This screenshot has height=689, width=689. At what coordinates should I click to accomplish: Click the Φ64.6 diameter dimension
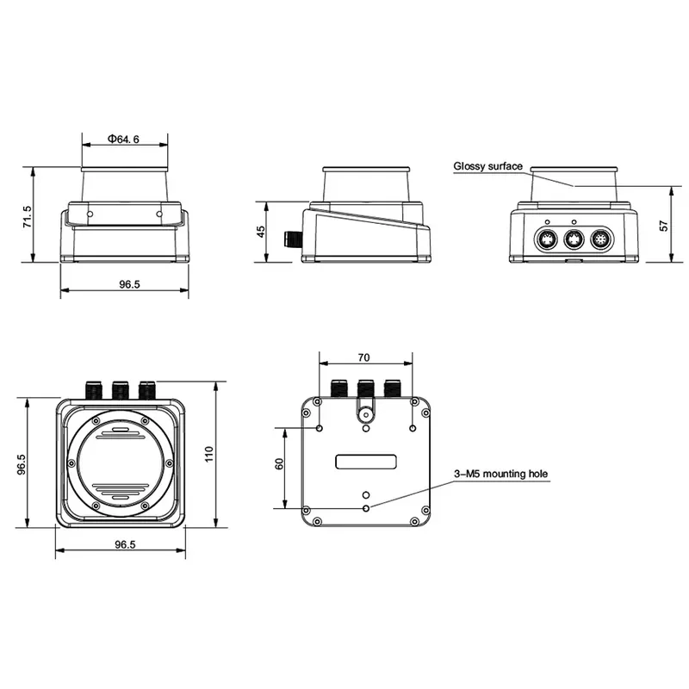click(x=123, y=140)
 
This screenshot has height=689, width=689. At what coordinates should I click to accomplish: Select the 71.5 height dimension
click(x=28, y=217)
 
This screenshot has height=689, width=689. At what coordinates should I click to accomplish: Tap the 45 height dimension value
click(x=261, y=232)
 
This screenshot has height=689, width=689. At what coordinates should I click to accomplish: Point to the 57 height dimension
click(x=664, y=226)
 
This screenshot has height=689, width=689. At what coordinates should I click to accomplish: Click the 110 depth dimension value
click(x=209, y=454)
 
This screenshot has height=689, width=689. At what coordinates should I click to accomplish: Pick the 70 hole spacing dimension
click(x=363, y=357)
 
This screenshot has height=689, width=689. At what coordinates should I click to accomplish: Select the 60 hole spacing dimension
click(x=279, y=464)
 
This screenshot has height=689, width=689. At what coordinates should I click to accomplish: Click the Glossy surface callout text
click(x=487, y=166)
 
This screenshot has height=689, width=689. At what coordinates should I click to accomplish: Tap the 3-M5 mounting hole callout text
click(x=501, y=474)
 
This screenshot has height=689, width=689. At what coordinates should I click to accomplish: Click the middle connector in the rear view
click(x=574, y=240)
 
